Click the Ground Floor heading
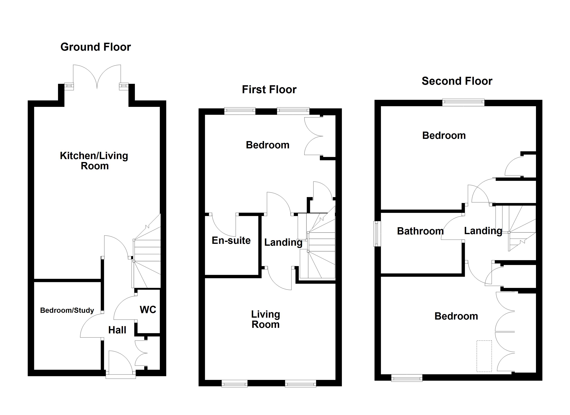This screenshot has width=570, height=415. [96, 47]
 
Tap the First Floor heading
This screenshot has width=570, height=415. [269, 90]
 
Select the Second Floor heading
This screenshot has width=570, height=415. [457, 81]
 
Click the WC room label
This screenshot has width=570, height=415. [148, 310]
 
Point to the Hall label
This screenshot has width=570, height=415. [117, 330]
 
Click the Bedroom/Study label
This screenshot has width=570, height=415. [67, 310]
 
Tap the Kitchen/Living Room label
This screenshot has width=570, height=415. [94, 161]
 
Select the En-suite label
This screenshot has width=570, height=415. [231, 240]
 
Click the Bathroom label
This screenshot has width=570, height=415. [420, 231]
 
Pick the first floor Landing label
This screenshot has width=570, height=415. [283, 242]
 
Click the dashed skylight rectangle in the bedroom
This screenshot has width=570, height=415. [484, 356]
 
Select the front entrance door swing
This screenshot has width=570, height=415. [120, 361]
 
